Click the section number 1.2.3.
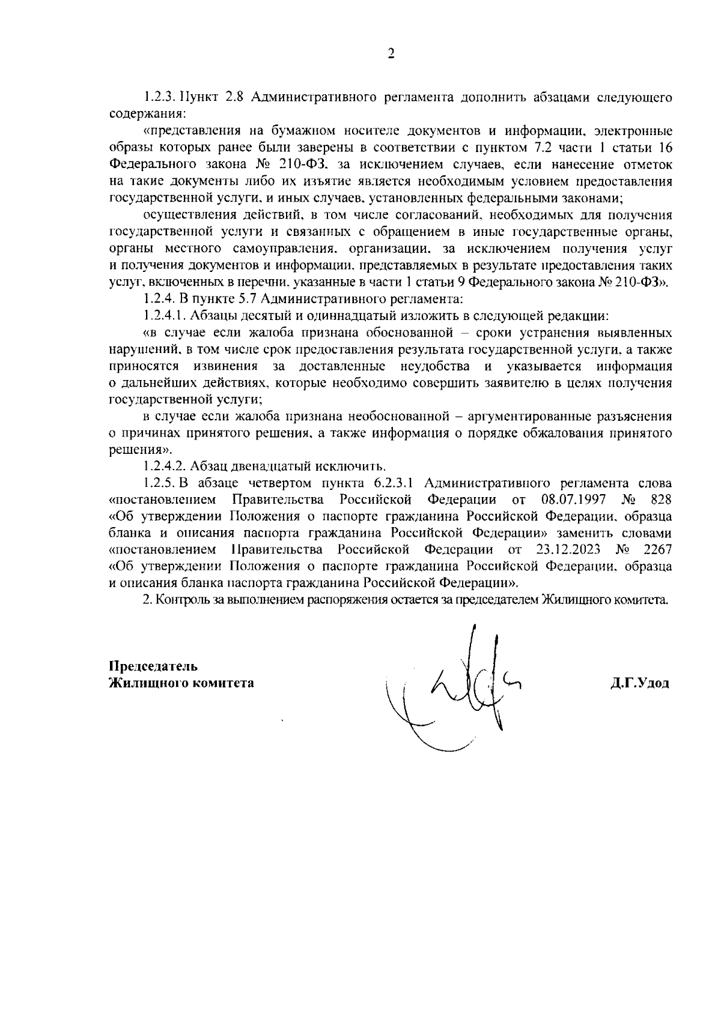[x=158, y=97]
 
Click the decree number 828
[x=662, y=499]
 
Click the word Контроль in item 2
[x=178, y=600]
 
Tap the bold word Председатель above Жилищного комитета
[x=153, y=666]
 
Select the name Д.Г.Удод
[x=639, y=683]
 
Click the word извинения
[x=225, y=366]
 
